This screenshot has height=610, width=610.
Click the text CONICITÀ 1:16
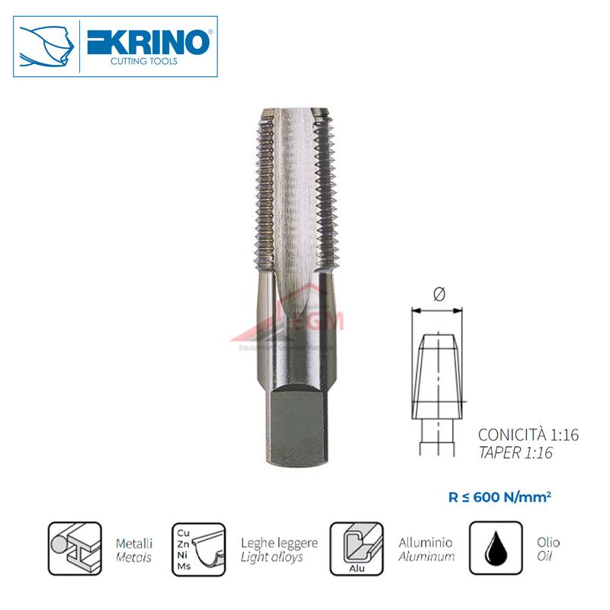click(x=528, y=435)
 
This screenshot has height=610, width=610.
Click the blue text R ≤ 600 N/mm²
click(x=500, y=496)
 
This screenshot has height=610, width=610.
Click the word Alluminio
click(x=425, y=543)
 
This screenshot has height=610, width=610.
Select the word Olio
click(x=547, y=543)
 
